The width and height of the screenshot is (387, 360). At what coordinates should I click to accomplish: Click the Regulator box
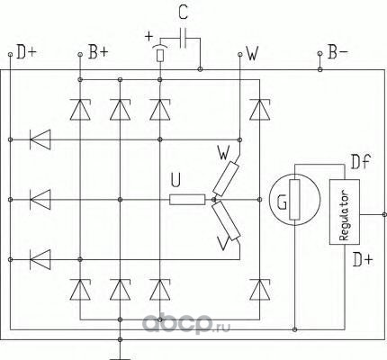point(345,211)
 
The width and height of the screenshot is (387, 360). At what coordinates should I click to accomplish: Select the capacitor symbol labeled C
point(183,38)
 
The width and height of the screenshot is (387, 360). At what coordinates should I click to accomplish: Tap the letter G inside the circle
point(282,202)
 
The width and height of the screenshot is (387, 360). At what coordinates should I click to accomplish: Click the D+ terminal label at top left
point(26,52)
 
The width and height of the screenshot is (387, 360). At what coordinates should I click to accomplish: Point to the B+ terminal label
point(98,52)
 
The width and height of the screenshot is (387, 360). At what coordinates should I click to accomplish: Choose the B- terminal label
point(338,52)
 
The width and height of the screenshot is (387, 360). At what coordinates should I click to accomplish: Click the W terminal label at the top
point(252,53)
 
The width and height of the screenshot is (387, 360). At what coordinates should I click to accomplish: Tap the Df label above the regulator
point(361,162)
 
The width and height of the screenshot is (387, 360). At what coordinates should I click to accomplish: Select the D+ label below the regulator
point(363,259)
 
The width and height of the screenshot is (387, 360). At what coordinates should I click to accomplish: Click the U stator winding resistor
point(187,200)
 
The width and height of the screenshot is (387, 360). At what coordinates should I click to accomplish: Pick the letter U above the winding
point(175,180)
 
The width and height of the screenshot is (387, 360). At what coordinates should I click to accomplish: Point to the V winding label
point(223,242)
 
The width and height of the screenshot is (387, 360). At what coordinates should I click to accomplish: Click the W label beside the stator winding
point(223,153)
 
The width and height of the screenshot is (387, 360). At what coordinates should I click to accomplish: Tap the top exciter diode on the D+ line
point(40,139)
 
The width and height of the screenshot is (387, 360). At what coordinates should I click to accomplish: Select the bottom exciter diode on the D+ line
point(40,259)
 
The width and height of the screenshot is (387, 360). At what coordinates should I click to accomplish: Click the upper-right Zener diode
point(260,110)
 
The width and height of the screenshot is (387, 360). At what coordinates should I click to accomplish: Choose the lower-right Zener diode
point(260,290)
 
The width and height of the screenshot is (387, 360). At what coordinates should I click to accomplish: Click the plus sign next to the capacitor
point(148,37)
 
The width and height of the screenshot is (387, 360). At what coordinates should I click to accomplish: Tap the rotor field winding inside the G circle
point(294,200)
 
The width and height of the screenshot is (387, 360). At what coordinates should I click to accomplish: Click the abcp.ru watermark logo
point(186,323)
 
